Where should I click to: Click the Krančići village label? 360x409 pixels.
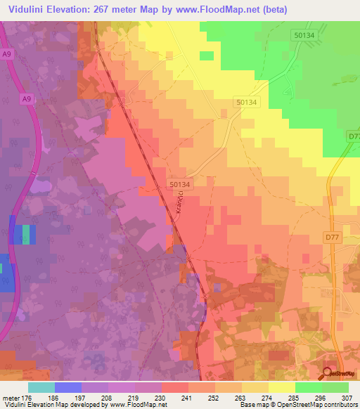pyautogui.click(x=179, y=204)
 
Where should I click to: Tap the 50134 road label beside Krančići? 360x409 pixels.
pyautogui.click(x=179, y=183)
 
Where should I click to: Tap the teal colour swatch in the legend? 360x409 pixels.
pyautogui.click(x=41, y=387)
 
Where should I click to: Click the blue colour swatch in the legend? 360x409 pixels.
pyautogui.click(x=67, y=387)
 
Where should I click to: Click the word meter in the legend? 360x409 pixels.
pyautogui.click(x=11, y=397)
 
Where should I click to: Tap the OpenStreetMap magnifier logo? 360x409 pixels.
pyautogui.click(x=328, y=374)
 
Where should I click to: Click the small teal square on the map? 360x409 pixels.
pyautogui.click(x=27, y=234)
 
